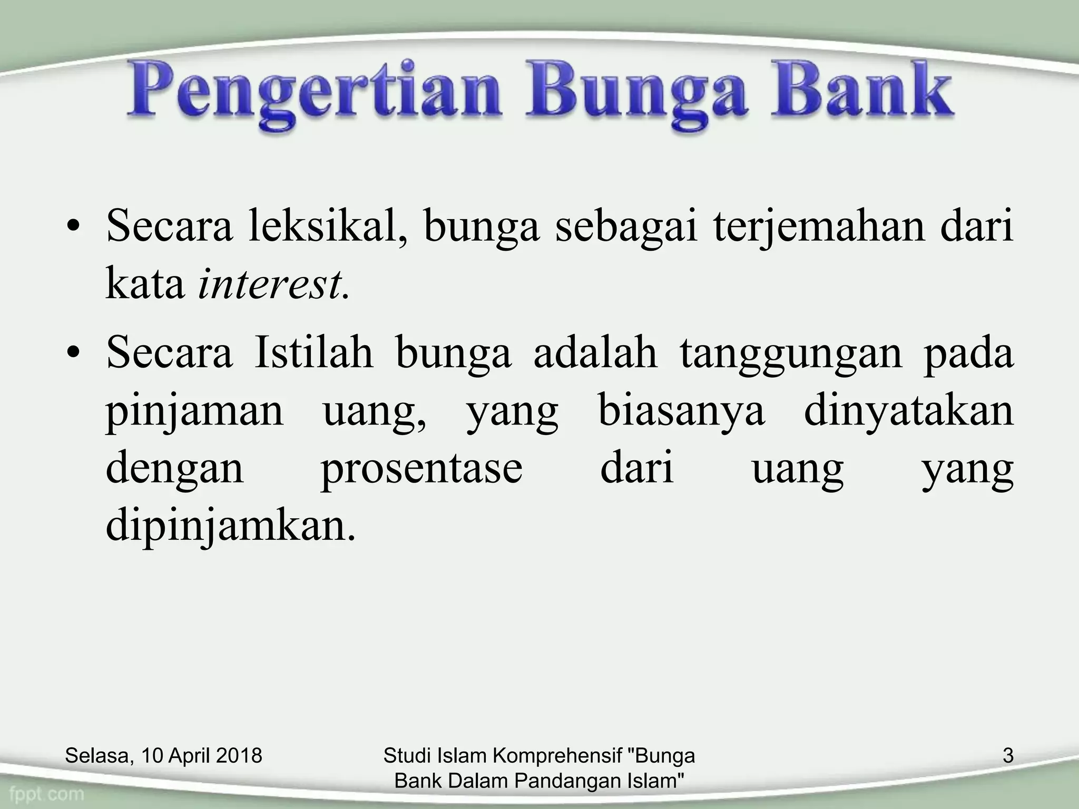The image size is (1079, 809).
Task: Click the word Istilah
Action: [x=314, y=352]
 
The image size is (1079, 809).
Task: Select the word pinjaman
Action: [x=195, y=412]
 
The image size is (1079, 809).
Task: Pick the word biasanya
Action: [x=681, y=412]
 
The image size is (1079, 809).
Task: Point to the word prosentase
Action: [x=421, y=469]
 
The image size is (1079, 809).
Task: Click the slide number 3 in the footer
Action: [x=1008, y=756]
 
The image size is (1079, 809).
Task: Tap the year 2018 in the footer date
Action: [x=239, y=756]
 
